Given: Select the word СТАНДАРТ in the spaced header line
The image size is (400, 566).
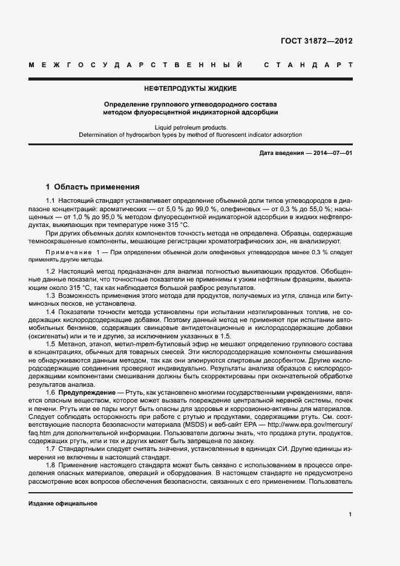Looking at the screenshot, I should (308, 64).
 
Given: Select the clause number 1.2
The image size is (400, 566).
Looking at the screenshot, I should (51, 271).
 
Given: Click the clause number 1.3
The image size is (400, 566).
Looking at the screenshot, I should (51, 295).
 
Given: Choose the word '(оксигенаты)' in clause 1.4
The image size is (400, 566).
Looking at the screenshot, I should (49, 336).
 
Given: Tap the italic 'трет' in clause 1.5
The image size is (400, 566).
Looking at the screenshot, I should (133, 344).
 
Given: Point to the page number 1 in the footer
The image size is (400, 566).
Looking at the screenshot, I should (350, 515).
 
